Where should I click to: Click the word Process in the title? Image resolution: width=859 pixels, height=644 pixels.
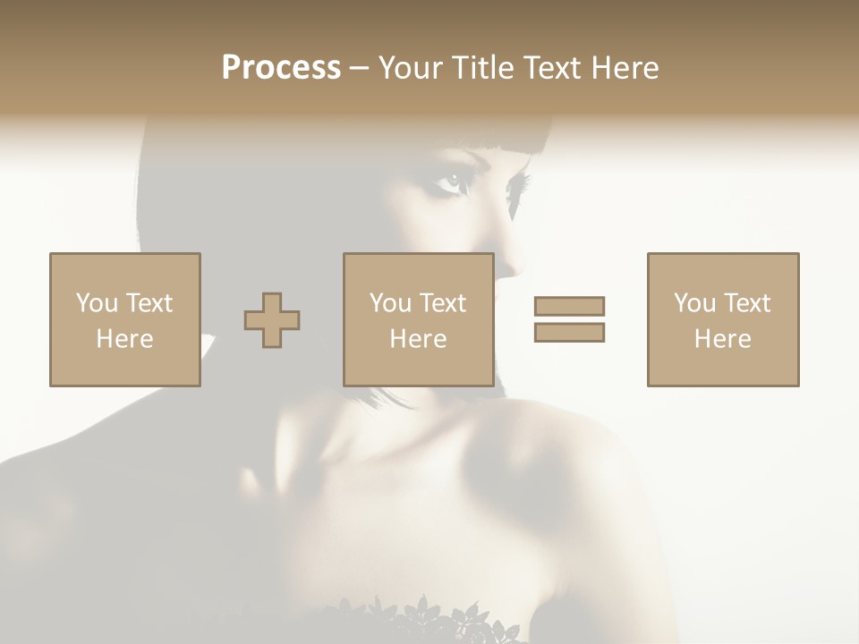pyautogui.click(x=281, y=68)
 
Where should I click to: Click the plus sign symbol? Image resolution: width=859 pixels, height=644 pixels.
pyautogui.click(x=272, y=320)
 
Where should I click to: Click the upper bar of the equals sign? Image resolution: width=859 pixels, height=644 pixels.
pyautogui.click(x=569, y=306)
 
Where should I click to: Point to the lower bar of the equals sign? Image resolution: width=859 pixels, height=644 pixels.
pyautogui.click(x=569, y=332)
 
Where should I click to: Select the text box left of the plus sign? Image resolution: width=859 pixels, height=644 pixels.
pyautogui.click(x=124, y=319)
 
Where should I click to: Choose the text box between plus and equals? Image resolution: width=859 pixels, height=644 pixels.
pyautogui.click(x=418, y=319)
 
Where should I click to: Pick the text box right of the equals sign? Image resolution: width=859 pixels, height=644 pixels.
pyautogui.click(x=722, y=319)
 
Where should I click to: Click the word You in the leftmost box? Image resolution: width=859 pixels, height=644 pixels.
pyautogui.click(x=97, y=303)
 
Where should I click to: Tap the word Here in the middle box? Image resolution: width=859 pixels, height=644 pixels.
pyautogui.click(x=418, y=339)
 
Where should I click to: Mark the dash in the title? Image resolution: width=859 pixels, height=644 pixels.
pyautogui.click(x=360, y=68)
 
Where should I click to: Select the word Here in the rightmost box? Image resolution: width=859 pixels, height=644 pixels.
pyautogui.click(x=722, y=339)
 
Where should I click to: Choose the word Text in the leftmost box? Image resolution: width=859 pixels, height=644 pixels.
pyautogui.click(x=149, y=303)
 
